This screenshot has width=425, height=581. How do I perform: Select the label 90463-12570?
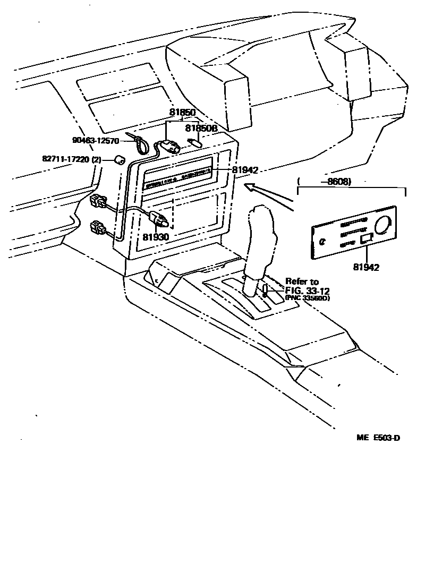[96, 141]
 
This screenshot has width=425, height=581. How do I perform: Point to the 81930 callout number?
[155, 236]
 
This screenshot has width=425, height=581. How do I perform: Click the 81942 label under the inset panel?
[365, 267]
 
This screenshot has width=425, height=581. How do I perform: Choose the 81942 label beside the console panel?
[245, 170]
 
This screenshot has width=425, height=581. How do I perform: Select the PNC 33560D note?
[307, 298]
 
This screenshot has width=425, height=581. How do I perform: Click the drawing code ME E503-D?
[378, 438]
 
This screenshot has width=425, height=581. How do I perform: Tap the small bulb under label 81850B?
[195, 142]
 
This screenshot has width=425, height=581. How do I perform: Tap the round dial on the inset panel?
[382, 225]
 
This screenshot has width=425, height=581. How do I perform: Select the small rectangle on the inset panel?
[367, 240]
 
